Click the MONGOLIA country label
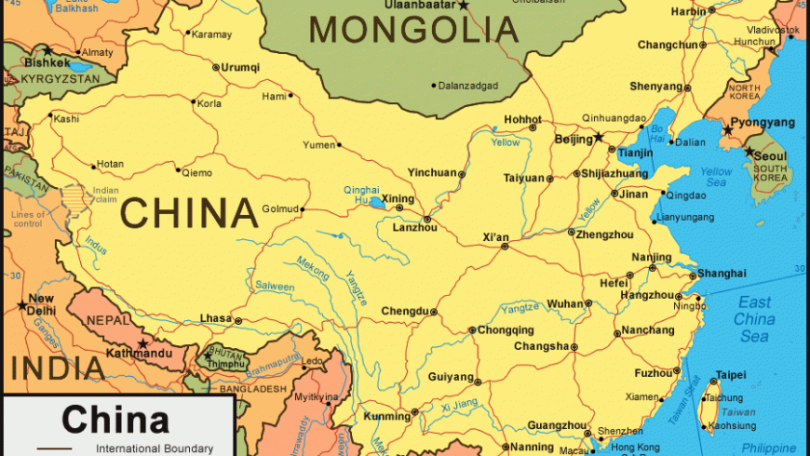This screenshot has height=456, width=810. coord(414,31)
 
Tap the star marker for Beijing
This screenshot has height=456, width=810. coord(600,138)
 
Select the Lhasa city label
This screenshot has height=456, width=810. coord(215,318)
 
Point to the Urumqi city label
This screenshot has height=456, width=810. coord(240,67)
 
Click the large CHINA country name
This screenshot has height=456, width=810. coord(189,213)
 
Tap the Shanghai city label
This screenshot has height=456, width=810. coord(722,273)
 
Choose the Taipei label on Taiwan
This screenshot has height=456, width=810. coord(731,374)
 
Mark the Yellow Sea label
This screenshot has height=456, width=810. coord(716,177)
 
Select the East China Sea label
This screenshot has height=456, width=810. coord(754,318)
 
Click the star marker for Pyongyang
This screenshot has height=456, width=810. coord(726,131)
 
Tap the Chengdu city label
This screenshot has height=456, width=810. coord(404,311)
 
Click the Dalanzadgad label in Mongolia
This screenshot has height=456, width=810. coord(468,86)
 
